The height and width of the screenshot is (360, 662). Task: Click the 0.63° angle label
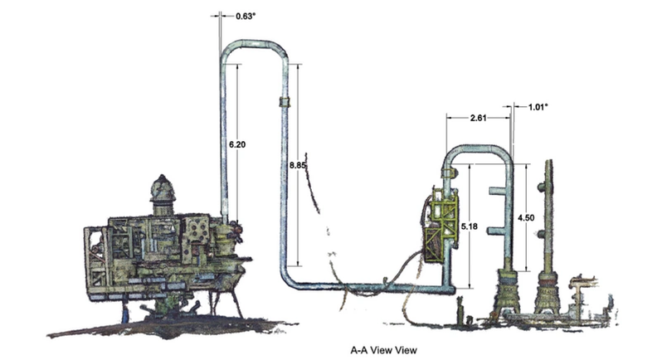pos(246,16)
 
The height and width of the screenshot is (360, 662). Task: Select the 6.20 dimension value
pos(237,144)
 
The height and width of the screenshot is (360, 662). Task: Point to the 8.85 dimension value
pos(297,165)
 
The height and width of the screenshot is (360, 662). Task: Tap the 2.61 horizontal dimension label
pos(478,118)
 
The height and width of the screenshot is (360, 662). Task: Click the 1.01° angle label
pos(538,107)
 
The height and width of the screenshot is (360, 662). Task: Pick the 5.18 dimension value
pos(469,226)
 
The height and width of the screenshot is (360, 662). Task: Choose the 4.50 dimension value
pos(526,218)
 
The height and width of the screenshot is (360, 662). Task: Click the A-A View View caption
pos(383,350)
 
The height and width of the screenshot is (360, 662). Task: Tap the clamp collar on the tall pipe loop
pos(285,102)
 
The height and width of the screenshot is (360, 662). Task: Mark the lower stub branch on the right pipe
pos(496,231)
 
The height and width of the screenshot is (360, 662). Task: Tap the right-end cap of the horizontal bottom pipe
pos(451,290)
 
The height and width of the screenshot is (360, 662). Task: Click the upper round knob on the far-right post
pos(541,187)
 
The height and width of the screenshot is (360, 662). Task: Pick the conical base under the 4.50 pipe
pos(507,292)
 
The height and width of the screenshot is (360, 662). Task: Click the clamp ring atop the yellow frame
pos(449,173)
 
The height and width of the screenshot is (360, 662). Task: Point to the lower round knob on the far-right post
pos(541,234)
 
